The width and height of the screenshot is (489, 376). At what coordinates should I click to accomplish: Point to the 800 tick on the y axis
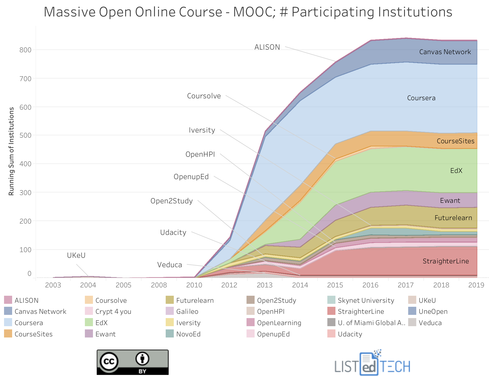click(x=25, y=50)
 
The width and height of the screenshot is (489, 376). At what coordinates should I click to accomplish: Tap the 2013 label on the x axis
click(x=265, y=285)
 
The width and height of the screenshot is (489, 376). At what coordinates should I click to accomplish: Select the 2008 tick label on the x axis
click(x=159, y=285)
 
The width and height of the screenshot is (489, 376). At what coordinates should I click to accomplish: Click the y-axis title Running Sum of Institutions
click(x=11, y=151)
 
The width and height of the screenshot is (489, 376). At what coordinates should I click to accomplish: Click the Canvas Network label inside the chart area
click(x=445, y=52)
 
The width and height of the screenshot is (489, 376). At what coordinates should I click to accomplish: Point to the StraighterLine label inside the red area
click(x=446, y=261)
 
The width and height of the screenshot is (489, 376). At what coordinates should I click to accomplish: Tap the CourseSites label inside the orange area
click(x=455, y=141)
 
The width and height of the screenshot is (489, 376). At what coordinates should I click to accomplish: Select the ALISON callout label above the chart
click(x=267, y=47)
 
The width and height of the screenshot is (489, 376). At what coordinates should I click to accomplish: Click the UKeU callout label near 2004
click(x=76, y=255)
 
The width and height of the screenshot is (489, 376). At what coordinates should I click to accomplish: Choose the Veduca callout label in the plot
click(x=169, y=265)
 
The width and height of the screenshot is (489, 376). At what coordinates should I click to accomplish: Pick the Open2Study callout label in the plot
click(x=171, y=201)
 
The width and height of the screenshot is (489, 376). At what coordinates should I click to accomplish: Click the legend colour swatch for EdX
click(x=89, y=322)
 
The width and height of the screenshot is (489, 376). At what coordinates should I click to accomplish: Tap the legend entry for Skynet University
click(x=366, y=300)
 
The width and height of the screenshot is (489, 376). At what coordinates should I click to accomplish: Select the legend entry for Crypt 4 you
click(x=113, y=312)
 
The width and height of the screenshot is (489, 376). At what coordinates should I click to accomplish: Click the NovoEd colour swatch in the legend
click(x=170, y=334)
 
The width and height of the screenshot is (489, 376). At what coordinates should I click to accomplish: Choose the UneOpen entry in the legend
click(x=433, y=312)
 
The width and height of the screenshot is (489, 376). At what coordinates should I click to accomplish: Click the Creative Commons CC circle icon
click(x=109, y=361)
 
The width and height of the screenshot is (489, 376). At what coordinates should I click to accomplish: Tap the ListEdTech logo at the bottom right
click(x=372, y=364)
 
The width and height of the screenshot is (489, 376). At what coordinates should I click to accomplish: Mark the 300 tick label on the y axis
click(x=25, y=193)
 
